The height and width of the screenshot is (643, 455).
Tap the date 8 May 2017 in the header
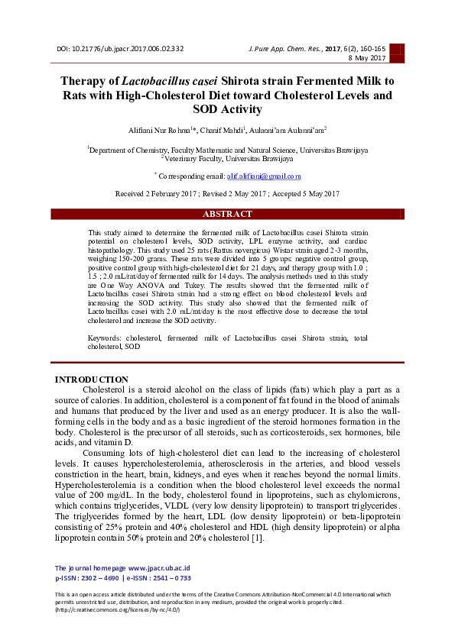[x=368, y=58]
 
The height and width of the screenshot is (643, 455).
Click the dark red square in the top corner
[x=396, y=51]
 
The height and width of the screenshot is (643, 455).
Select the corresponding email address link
[x=264, y=176]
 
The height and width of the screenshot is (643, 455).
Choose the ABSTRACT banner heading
[x=227, y=215]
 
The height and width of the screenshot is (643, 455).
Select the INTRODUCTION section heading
[x=92, y=380]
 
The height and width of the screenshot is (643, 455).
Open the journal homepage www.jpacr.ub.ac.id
[x=159, y=568]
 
